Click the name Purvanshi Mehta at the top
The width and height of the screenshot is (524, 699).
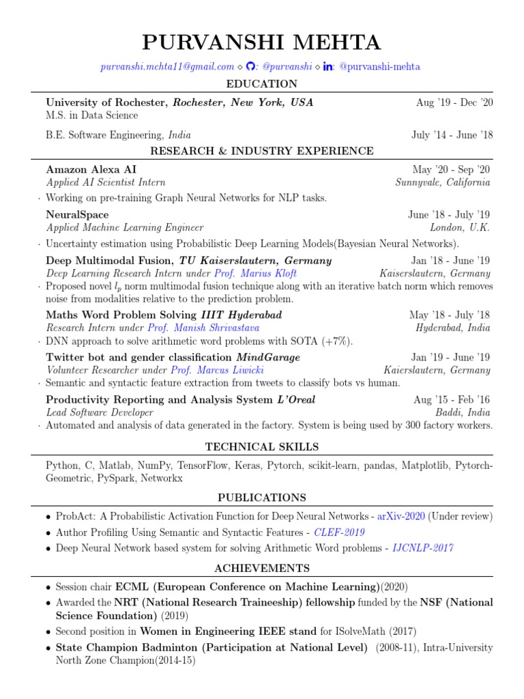(x=261, y=42)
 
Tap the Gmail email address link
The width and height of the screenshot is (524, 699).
(x=167, y=66)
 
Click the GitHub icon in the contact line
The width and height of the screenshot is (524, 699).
(x=250, y=66)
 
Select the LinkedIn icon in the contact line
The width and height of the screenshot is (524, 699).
(x=327, y=66)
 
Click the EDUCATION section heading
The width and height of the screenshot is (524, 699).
(x=262, y=84)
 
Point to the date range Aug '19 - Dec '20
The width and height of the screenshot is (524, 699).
(x=454, y=102)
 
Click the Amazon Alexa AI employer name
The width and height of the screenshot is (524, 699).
(x=96, y=169)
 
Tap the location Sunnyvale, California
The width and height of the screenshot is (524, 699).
(x=443, y=182)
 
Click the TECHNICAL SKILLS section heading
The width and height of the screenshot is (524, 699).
(x=262, y=447)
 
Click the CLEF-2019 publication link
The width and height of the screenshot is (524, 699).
(x=340, y=532)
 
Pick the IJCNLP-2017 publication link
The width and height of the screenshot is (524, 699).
(x=423, y=547)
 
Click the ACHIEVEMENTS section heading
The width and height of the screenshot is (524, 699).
(x=262, y=568)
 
